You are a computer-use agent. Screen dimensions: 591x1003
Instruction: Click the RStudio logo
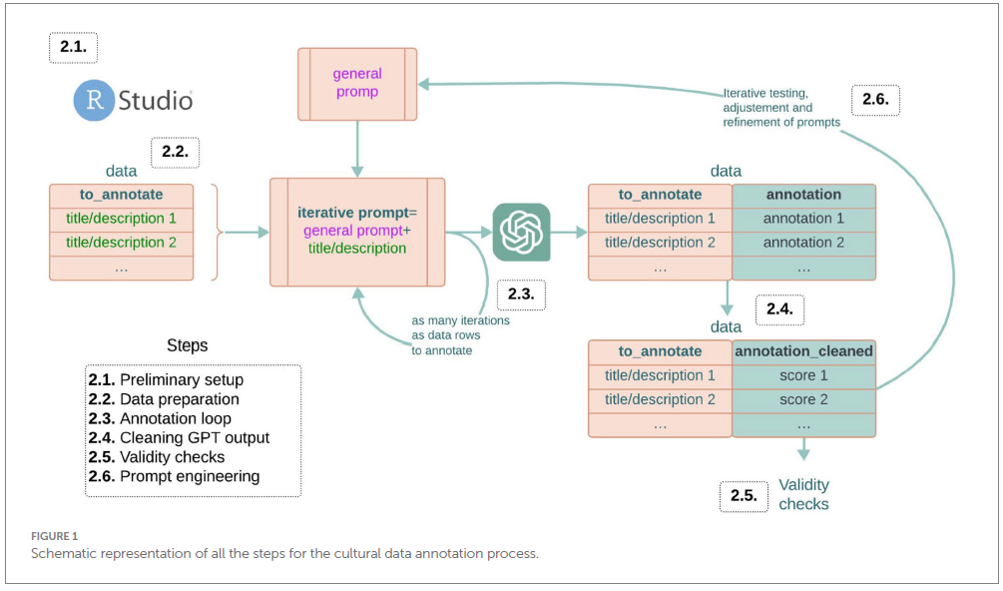click(x=133, y=100)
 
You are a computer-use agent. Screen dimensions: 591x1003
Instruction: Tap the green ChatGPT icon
click(x=521, y=233)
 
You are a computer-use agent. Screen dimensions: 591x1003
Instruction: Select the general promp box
click(x=357, y=83)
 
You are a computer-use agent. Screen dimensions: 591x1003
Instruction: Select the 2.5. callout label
click(x=745, y=495)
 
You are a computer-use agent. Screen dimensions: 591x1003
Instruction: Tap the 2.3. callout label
click(x=521, y=296)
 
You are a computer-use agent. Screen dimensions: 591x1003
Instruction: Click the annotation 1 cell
click(x=803, y=219)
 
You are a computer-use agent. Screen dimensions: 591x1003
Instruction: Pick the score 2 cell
click(x=803, y=399)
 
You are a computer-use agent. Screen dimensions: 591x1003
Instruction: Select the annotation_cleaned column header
click(x=803, y=351)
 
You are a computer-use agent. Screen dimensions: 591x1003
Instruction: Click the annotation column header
click(x=803, y=195)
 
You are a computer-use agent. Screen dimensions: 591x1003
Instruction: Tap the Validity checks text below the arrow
click(x=803, y=494)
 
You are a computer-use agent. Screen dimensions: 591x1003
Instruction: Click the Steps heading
click(x=187, y=345)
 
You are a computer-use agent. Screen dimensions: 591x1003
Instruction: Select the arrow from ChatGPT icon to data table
click(x=568, y=233)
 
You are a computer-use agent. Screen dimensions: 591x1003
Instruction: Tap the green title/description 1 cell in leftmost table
click(x=122, y=219)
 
